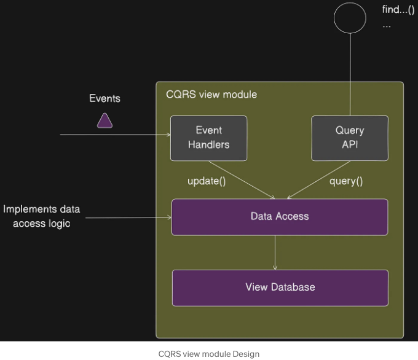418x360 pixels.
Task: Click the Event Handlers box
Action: [209, 138]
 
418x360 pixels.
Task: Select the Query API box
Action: [350, 138]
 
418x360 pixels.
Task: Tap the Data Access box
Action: [280, 217]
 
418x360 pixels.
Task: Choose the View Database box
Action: [280, 288]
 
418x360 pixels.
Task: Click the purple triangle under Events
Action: [104, 121]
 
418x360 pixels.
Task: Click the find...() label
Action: [398, 10]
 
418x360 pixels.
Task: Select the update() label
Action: [207, 181]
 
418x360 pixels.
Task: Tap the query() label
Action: [346, 181]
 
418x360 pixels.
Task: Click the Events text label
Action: [104, 98]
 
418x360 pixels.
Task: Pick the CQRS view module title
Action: [211, 95]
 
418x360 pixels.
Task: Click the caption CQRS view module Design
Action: [209, 354]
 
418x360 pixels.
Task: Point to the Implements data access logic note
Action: [42, 216]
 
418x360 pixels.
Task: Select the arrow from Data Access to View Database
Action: [275, 252]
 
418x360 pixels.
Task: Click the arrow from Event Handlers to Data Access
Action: [242, 180]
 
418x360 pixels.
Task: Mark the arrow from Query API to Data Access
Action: [318, 180]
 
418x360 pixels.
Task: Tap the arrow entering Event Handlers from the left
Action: [115, 135]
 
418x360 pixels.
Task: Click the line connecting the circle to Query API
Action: [350, 74]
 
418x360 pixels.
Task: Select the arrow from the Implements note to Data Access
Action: [128, 217]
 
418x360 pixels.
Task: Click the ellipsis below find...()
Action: [387, 26]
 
